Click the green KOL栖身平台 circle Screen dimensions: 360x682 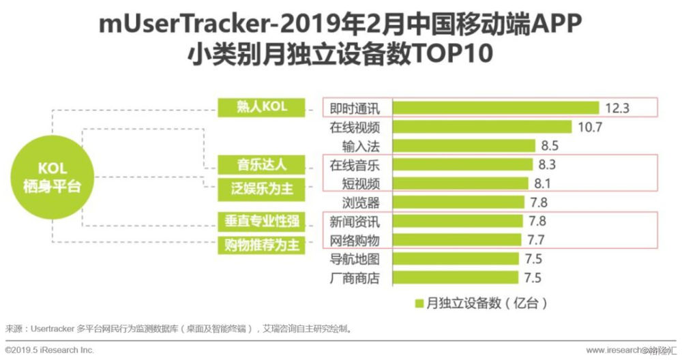[46, 176]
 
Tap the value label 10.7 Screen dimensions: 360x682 [590, 127]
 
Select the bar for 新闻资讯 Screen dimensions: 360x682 [457, 221]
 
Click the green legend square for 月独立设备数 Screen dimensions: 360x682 [418, 301]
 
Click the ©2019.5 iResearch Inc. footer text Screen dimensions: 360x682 [49, 350]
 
